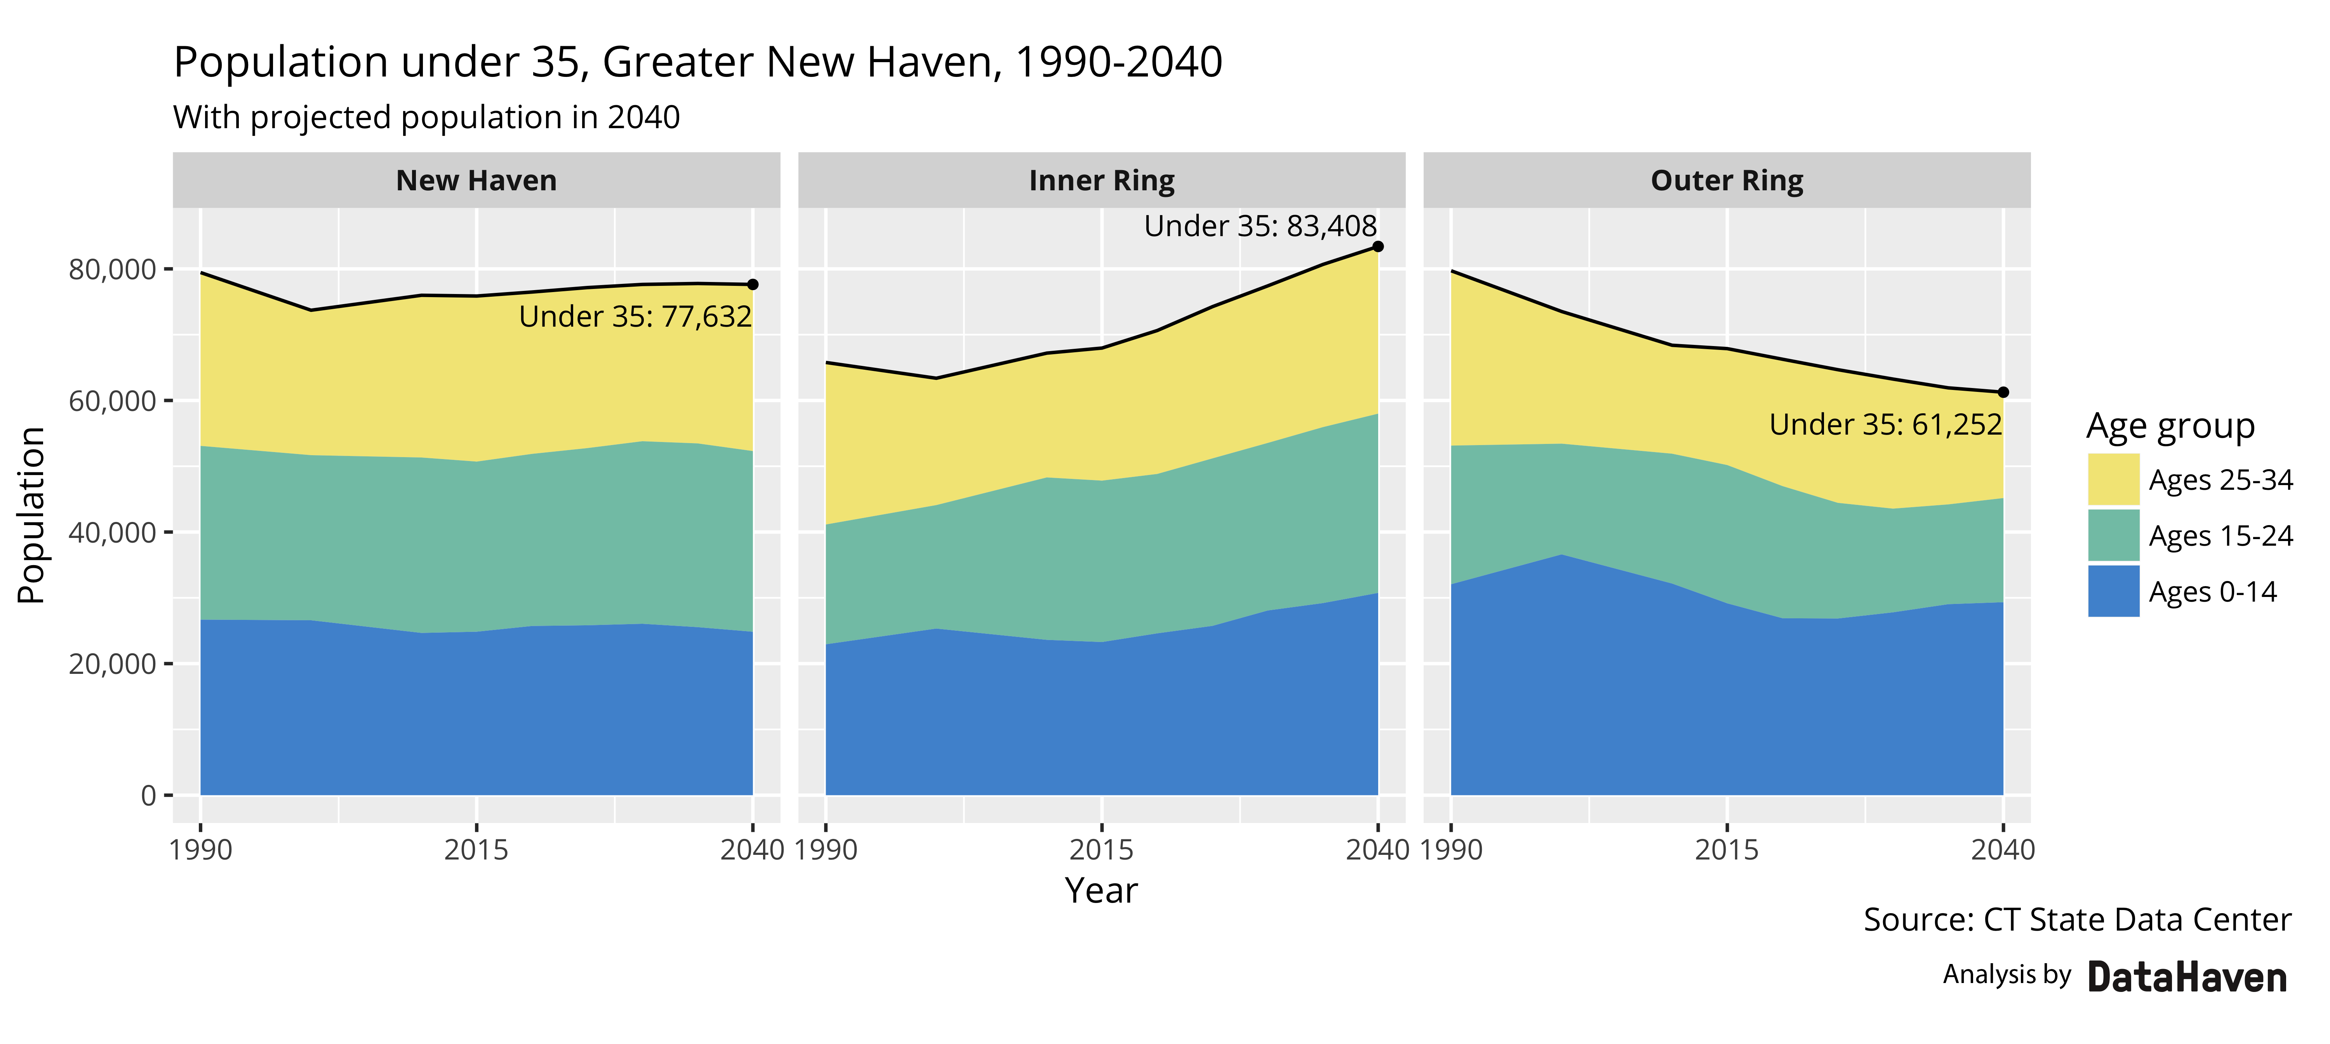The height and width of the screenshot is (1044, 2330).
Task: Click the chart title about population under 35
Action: [697, 63]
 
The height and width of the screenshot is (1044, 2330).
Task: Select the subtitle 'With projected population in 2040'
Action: [426, 118]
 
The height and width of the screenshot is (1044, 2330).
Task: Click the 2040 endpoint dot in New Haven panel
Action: [753, 284]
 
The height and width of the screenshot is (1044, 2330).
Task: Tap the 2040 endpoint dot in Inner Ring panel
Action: [1377, 246]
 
